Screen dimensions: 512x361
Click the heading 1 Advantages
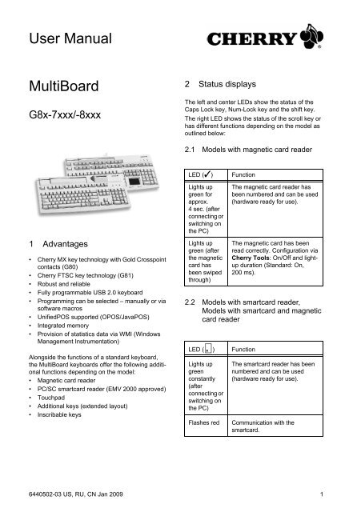coord(53,241)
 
